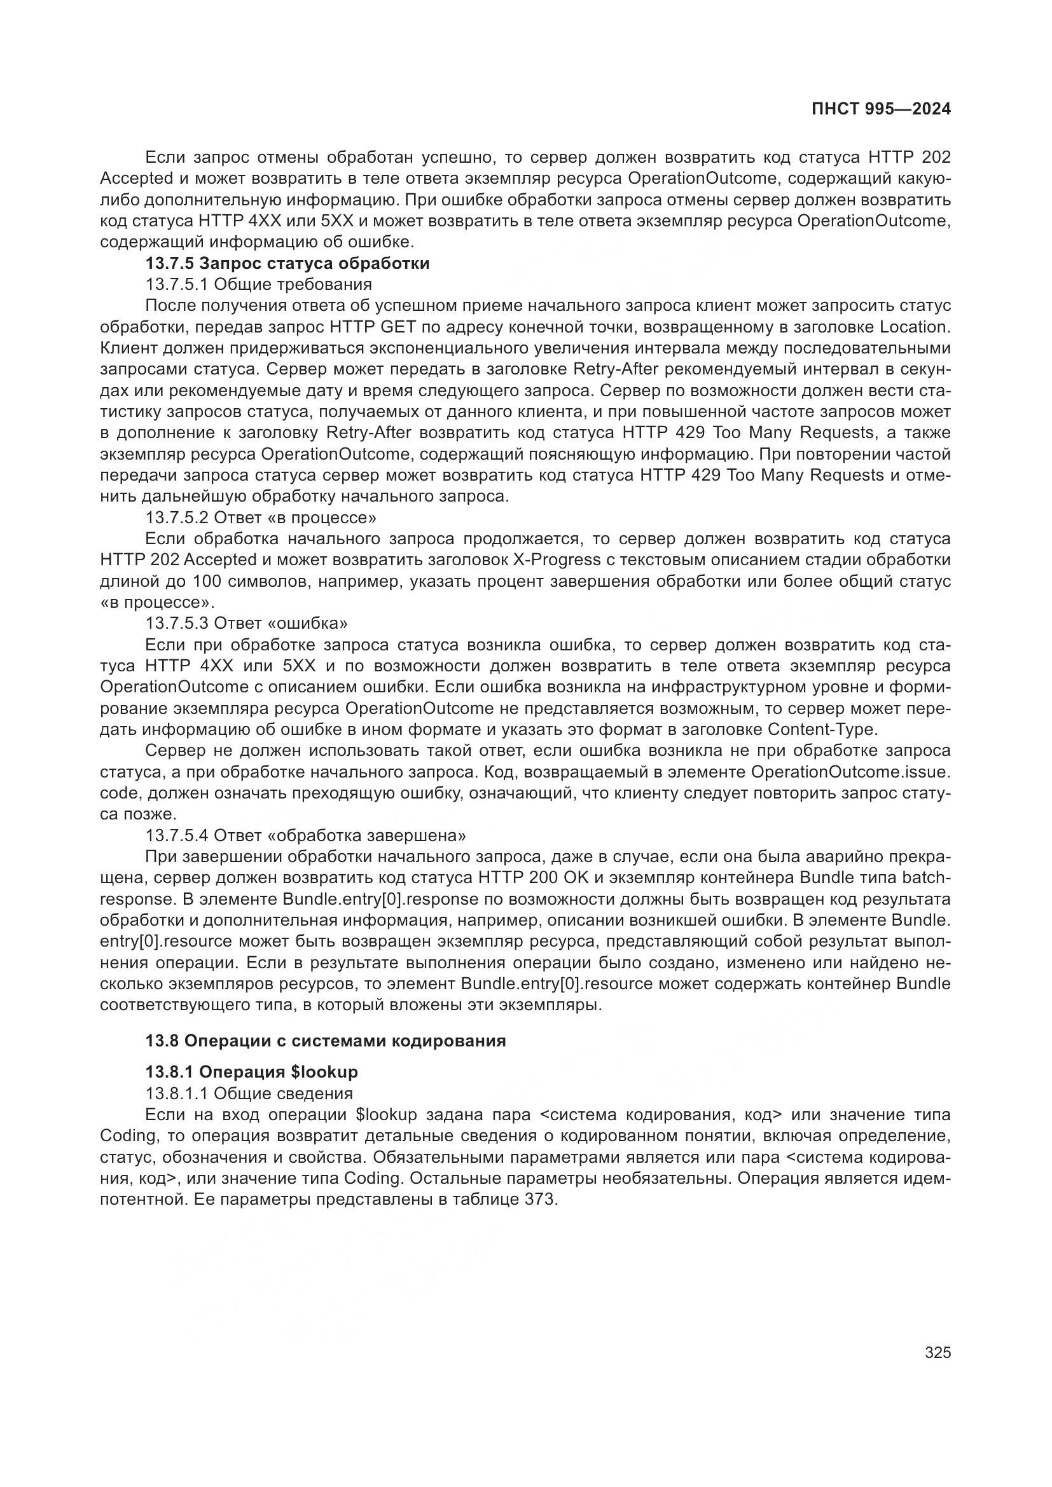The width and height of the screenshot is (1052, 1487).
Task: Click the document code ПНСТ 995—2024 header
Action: click(x=881, y=109)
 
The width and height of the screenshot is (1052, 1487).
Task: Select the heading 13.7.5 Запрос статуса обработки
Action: click(x=287, y=264)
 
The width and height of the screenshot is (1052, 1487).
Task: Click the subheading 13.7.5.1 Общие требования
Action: click(x=258, y=284)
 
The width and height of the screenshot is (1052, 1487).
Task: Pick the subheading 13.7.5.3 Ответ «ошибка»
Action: click(x=246, y=623)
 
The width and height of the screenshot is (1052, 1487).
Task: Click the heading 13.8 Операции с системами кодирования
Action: click(x=325, y=1041)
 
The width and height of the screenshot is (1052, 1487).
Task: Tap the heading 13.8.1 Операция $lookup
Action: click(x=251, y=1072)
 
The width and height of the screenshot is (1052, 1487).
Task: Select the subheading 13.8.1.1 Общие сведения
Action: click(x=249, y=1093)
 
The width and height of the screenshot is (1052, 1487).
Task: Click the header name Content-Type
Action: click(x=821, y=729)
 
